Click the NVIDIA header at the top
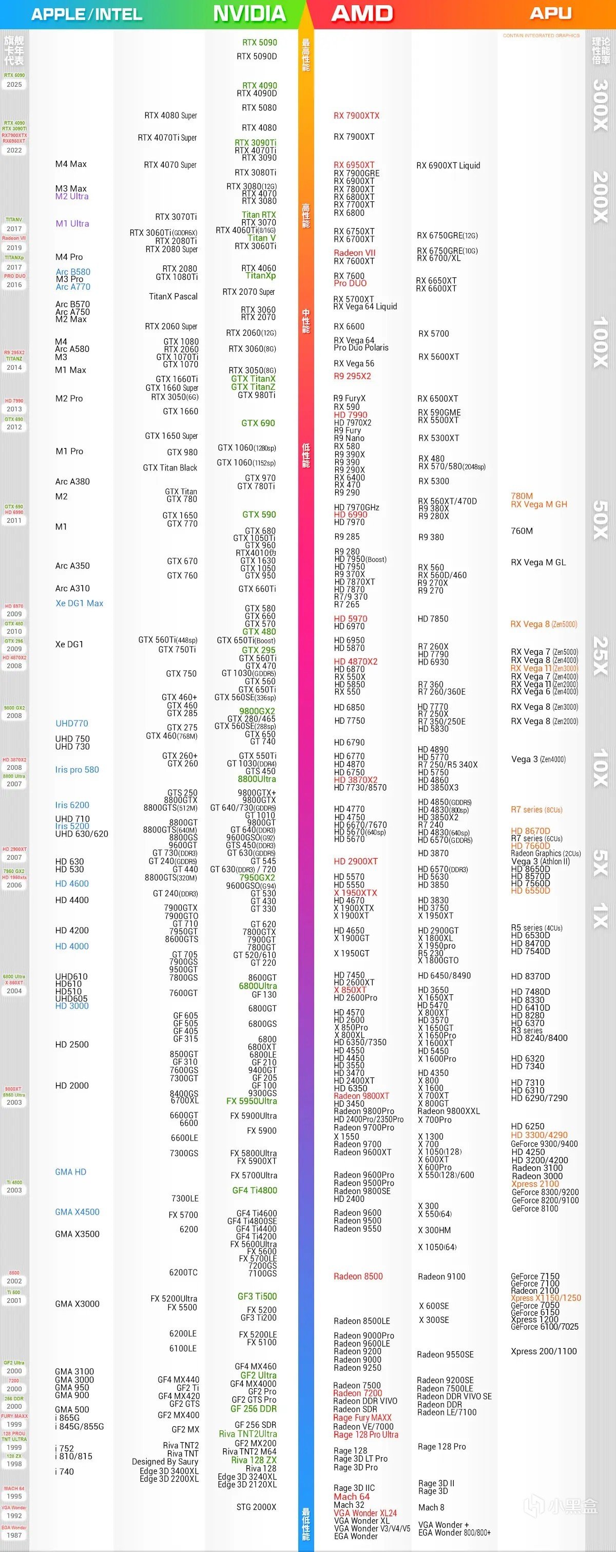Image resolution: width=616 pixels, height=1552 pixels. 249,14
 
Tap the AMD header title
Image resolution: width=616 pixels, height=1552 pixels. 362,14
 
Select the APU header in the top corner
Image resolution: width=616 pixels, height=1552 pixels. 550,13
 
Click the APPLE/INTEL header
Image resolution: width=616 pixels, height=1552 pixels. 87,14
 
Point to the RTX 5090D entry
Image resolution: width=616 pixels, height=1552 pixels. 257,56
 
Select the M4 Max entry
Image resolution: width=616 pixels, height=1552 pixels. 71,164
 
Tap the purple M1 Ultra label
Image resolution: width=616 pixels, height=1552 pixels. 72,223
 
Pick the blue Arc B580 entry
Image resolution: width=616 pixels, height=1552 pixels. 73,272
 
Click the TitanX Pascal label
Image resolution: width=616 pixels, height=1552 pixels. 174,296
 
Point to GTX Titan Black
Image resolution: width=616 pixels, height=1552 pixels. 170,467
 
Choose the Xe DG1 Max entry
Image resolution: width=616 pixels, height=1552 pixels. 80,603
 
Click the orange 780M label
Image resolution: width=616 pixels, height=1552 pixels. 522,496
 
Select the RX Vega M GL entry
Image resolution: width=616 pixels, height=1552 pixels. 538,562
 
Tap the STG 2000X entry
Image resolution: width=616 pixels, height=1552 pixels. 256,1507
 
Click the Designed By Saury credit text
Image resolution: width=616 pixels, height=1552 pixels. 165,1462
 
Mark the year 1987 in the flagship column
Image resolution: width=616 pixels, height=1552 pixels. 14,1535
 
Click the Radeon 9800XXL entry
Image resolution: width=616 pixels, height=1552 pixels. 449,1111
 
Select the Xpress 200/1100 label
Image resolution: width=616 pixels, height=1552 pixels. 543,1351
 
